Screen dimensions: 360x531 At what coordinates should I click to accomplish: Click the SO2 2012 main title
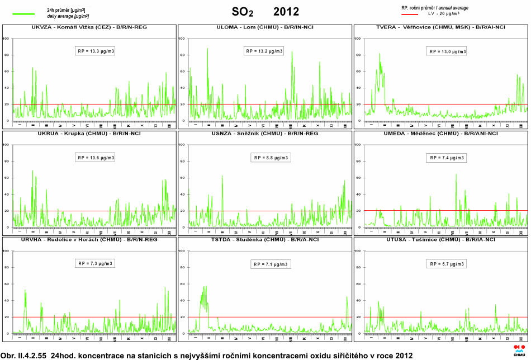coord(265,12)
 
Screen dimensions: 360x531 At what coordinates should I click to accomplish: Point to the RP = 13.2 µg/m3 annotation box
coord(264,51)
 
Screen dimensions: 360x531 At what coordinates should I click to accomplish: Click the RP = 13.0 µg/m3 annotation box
coord(447,51)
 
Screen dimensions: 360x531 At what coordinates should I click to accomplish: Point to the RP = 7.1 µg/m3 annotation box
coord(271,264)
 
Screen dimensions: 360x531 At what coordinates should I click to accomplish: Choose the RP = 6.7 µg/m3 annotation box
coord(447,264)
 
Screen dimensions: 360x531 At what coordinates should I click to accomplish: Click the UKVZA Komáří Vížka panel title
coord(89,27)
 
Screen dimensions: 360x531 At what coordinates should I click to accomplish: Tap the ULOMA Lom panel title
coord(264,27)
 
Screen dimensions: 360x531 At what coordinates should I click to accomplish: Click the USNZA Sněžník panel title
coord(264,134)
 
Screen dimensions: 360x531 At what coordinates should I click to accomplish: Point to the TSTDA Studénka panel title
coord(264,239)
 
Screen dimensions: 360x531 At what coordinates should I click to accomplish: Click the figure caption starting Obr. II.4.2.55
coord(207,355)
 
